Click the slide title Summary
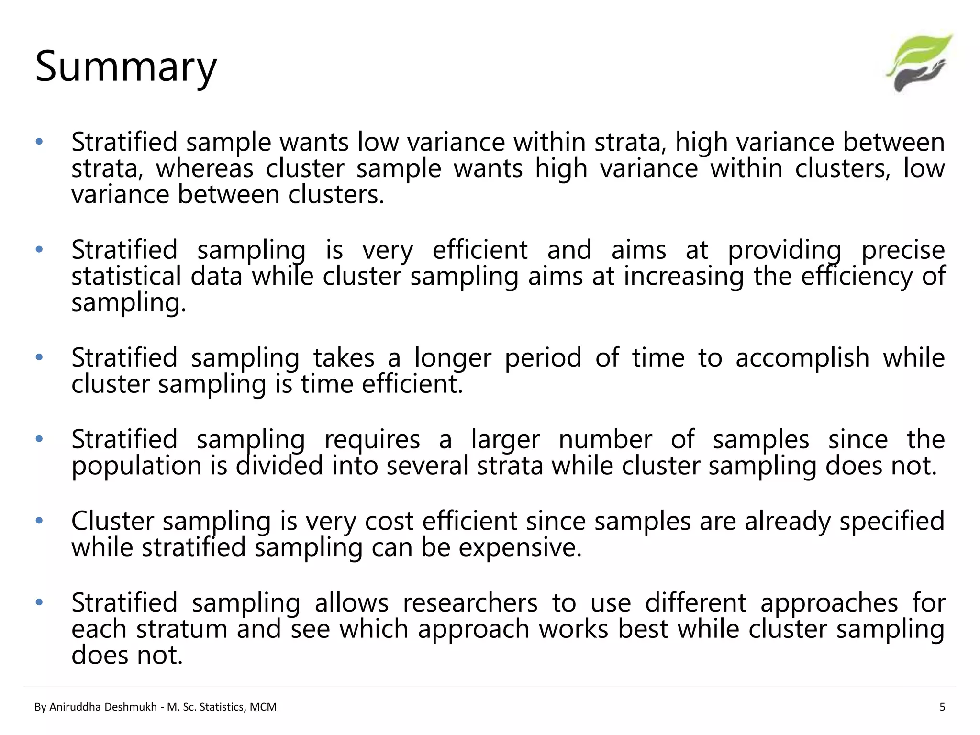pos(126,67)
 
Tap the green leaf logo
pos(919,62)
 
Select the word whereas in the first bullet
pos(204,168)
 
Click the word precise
pos(903,250)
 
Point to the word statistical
pos(126,277)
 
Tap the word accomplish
pos(802,358)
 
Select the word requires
pos(372,440)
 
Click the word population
pos(136,466)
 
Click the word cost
pos(389,521)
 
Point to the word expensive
pos(520,547)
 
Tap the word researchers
pos(470,603)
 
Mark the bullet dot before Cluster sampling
pos(39,521)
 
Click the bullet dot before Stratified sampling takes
pos(39,357)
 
